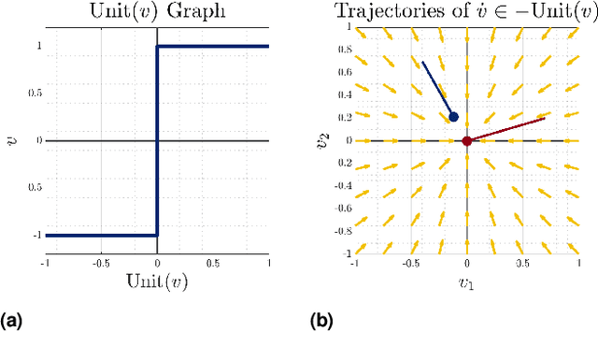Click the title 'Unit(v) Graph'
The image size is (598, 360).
tap(157, 12)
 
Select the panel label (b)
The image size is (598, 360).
tap(320, 321)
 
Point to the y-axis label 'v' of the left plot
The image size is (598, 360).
tap(10, 140)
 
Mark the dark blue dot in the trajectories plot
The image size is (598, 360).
tap(453, 117)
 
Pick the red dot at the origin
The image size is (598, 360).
tap(467, 140)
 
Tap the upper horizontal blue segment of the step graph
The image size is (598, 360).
tap(213, 46)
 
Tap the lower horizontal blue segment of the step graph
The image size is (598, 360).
tap(101, 235)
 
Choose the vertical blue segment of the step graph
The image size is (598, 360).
tap(157, 140)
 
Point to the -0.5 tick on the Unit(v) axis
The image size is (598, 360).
tap(100, 263)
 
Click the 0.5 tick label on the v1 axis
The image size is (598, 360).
tap(522, 263)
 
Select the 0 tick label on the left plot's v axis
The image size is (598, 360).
tap(38, 140)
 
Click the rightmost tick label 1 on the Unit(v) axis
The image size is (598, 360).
tap(269, 263)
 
